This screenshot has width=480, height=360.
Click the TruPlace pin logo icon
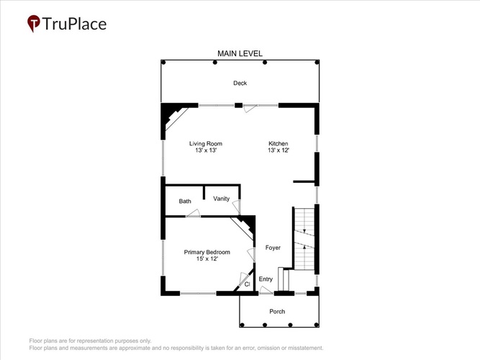[33, 23]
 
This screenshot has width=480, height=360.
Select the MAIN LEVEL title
[240, 53]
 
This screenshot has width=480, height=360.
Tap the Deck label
[240, 83]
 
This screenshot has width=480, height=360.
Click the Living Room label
[206, 143]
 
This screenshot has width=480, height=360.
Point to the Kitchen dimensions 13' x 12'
[279, 150]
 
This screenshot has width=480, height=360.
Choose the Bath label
[185, 201]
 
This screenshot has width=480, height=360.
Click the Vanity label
[222, 199]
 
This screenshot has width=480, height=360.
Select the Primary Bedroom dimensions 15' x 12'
[207, 259]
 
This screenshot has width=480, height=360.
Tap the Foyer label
[273, 248]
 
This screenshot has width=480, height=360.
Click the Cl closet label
[248, 284]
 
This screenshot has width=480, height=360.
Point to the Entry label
[266, 279]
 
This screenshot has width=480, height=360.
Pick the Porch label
[277, 312]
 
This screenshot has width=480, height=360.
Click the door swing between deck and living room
[250, 108]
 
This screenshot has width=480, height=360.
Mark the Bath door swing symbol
[193, 213]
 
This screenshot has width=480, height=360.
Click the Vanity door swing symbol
[236, 207]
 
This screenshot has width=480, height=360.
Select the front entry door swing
[266, 290]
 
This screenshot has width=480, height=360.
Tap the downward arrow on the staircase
[304, 230]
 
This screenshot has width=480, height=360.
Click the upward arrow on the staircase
[304, 246]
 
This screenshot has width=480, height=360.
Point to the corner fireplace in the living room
[173, 117]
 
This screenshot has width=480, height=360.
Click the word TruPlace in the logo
[74, 24]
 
